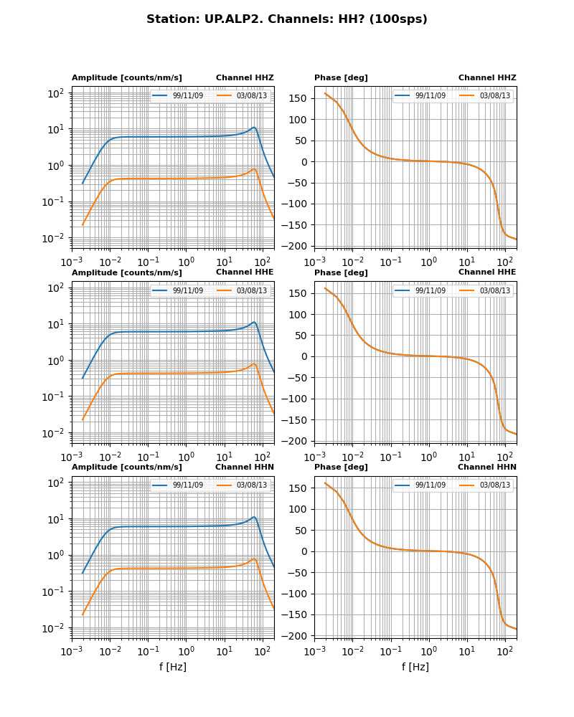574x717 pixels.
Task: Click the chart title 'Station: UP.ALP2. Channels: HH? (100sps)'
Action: coord(287,19)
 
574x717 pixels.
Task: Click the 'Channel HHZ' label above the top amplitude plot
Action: coord(245,77)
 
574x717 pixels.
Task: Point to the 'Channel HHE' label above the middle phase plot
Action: coord(487,272)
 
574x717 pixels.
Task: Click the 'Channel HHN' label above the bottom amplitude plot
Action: coord(245,467)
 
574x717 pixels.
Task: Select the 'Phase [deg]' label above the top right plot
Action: coord(341,77)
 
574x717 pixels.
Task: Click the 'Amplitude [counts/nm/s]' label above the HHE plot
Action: coord(127,272)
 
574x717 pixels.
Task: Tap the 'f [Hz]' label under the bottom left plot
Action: coord(173,667)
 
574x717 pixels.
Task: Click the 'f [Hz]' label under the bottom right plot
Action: coord(415,667)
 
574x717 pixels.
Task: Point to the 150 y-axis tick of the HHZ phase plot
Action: coord(299,98)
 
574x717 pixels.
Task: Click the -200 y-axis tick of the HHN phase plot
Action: coord(296,636)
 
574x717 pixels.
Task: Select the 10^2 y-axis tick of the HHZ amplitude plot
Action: coord(57,93)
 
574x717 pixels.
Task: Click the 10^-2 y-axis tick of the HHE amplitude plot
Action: coord(55,433)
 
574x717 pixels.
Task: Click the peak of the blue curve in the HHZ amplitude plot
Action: coord(254,128)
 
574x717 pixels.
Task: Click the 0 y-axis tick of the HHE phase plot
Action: coord(304,356)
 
